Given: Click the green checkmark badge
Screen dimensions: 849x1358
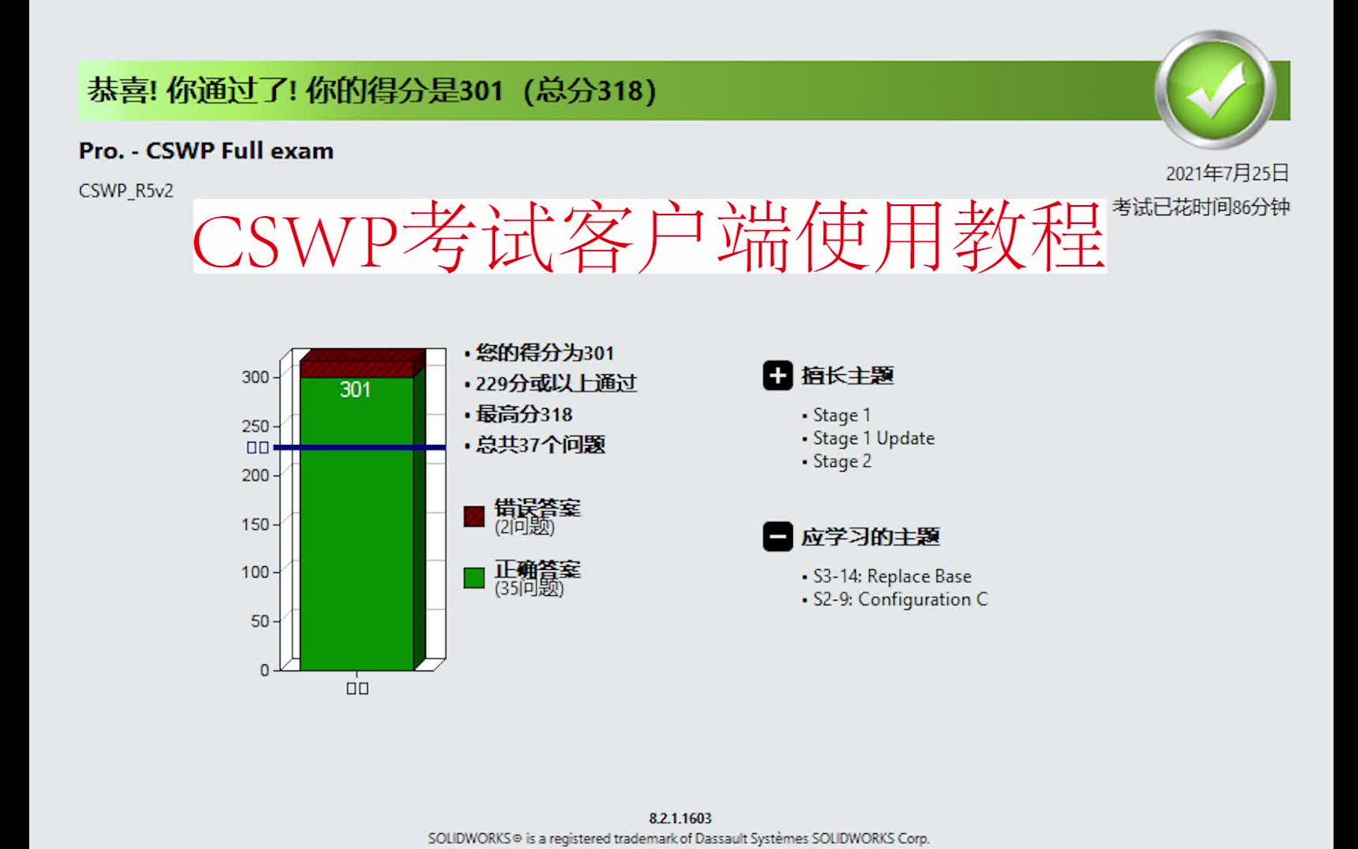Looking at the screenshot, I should coord(1216,89).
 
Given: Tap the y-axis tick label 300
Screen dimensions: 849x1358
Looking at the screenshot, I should coord(255,377).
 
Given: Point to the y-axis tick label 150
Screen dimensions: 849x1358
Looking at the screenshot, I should coord(255,524).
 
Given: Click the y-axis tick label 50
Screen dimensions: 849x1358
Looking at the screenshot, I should coord(260,621).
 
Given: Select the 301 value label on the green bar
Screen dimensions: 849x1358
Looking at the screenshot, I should coord(355,390).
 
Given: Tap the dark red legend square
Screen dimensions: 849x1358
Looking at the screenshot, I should coord(474,516).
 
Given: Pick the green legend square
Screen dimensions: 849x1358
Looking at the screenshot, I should coord(474,578).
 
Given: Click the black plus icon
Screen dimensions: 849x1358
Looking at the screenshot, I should coord(777,376).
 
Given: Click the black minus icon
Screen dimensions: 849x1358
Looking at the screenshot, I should coord(777,537).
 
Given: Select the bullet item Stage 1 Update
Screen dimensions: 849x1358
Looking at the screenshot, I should coord(873,439).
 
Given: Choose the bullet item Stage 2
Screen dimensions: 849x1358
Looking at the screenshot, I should coord(842,461).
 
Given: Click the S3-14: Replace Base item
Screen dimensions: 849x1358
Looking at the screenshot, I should coord(892,576).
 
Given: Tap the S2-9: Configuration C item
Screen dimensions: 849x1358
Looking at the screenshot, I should coord(900,600).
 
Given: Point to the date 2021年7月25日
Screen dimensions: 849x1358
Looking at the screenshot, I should coord(1227,173).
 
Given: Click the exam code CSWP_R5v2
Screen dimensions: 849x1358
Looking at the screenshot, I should coord(126,191).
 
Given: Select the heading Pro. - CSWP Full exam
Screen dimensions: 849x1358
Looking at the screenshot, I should coord(206,151).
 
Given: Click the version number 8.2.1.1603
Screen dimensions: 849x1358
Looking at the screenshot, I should coord(680,818).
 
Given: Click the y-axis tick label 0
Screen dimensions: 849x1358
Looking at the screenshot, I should coord(265,670).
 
